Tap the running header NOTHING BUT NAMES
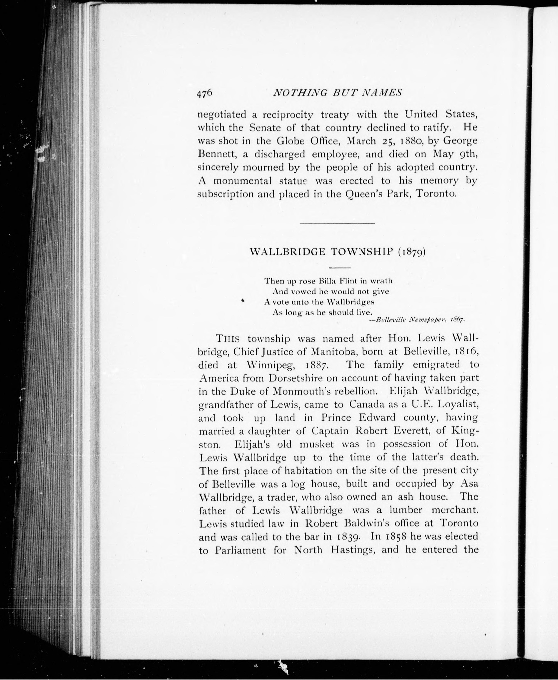pos(337,93)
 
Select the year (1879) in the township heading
pos(412,252)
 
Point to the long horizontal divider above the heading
pos(337,223)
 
